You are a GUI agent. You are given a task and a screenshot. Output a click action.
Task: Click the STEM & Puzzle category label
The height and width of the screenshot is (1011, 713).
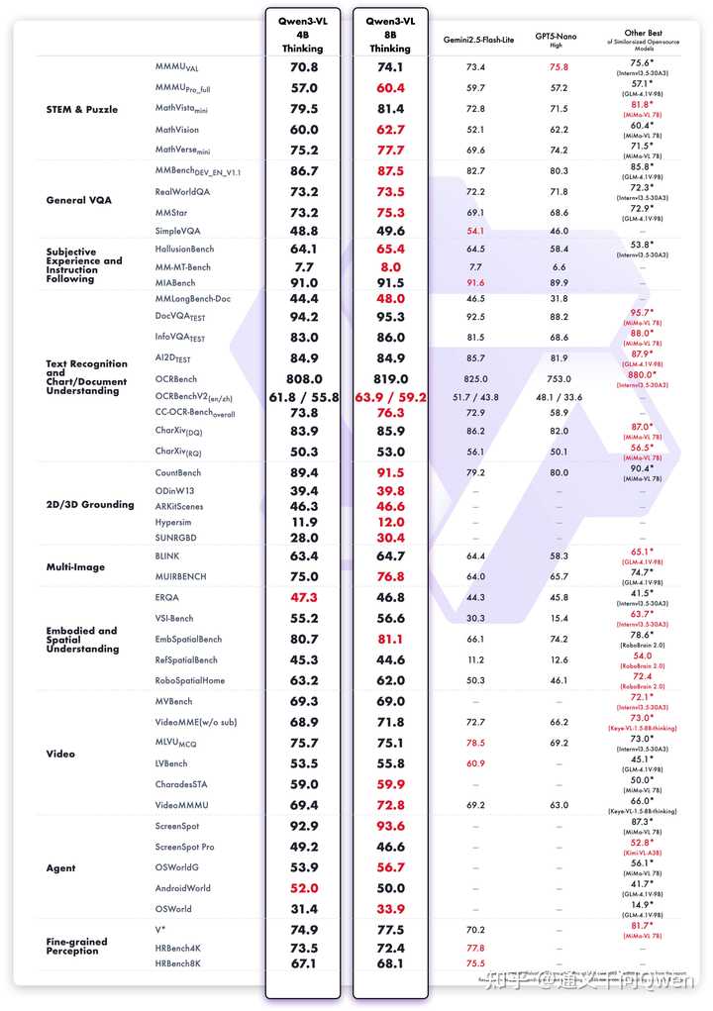coord(82,109)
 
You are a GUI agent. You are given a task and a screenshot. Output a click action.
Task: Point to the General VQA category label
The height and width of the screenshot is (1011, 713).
coord(79,200)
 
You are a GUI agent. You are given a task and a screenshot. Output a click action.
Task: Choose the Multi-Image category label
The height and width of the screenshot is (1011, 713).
coord(75,567)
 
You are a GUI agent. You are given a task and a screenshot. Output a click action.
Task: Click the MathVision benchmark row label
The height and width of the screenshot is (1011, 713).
coord(177,130)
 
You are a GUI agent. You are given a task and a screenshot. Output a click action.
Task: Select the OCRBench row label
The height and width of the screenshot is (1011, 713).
coord(176,378)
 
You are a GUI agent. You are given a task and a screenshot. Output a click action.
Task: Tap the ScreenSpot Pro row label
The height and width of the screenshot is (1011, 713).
coord(183,847)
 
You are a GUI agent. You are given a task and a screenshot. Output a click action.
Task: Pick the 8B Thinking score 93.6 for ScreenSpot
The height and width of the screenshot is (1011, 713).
coord(391,826)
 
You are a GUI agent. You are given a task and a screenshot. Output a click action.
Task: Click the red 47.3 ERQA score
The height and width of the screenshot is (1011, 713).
coord(303,597)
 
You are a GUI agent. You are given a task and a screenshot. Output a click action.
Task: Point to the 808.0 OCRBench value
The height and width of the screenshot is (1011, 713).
coord(303,378)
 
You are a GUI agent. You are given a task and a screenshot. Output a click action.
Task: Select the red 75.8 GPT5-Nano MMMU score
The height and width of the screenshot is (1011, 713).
coord(560,67)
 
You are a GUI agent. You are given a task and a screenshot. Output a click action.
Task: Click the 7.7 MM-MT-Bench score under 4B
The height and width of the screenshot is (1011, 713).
coord(303,267)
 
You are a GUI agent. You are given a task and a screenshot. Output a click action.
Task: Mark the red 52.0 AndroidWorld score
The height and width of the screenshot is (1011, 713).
coord(303,888)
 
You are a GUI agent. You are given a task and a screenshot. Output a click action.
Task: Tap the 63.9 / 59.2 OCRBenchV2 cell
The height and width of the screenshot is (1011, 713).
coord(391,397)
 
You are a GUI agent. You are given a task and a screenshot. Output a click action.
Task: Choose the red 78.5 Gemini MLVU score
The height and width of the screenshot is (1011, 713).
coord(475,743)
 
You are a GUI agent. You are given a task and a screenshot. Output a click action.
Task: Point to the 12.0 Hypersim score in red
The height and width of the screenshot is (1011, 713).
coord(391,522)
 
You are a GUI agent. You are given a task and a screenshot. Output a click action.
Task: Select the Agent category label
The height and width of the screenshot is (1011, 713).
coord(61,868)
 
